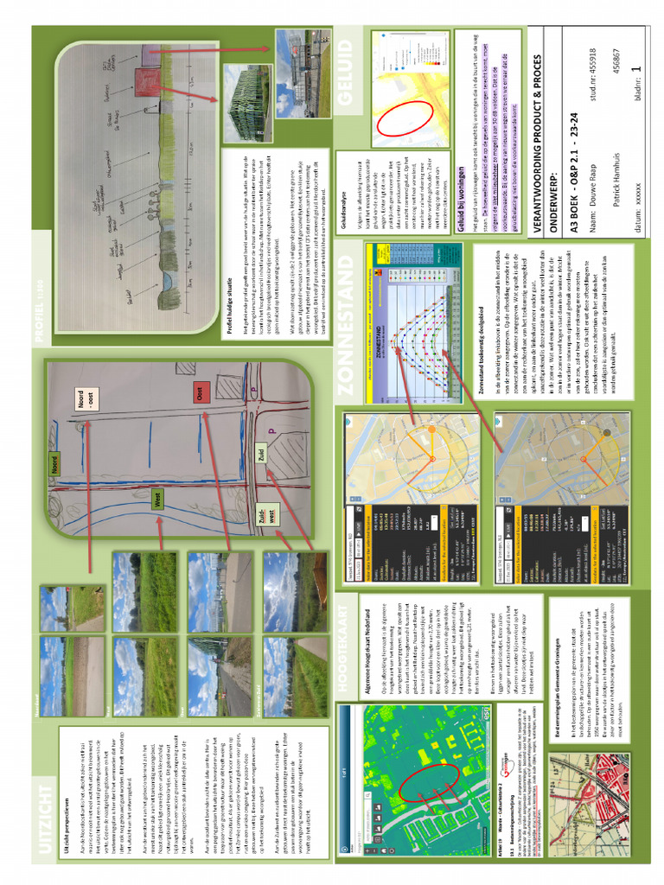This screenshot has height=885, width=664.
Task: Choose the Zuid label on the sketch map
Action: tap(259, 454)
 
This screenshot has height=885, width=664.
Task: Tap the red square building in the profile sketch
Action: tap(142, 82)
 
